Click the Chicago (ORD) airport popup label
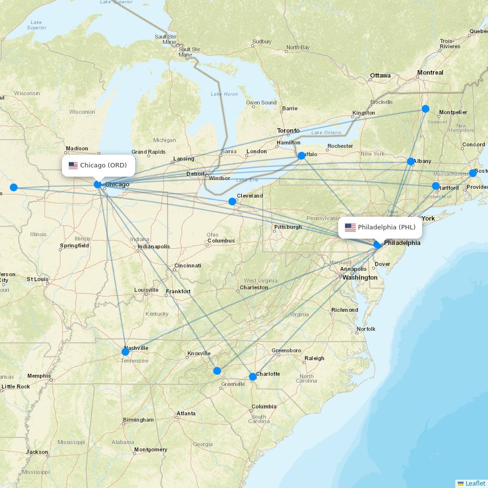point(98,165)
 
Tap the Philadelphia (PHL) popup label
point(381,227)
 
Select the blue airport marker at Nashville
point(125,351)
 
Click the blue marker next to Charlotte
point(253,377)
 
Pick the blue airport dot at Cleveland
point(232,202)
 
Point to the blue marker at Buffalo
point(302,156)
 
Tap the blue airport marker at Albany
point(411,162)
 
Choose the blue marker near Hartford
point(436,186)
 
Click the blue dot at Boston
point(473,173)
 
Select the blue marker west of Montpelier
point(426,109)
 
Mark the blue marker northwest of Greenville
point(217,371)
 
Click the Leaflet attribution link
point(475,483)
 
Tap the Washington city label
point(360,278)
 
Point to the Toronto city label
point(288,131)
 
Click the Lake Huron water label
point(224,94)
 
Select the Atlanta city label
point(186,413)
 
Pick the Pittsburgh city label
point(288,227)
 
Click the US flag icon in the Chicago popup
point(73,165)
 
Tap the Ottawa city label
point(380,76)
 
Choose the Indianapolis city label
point(154,246)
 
